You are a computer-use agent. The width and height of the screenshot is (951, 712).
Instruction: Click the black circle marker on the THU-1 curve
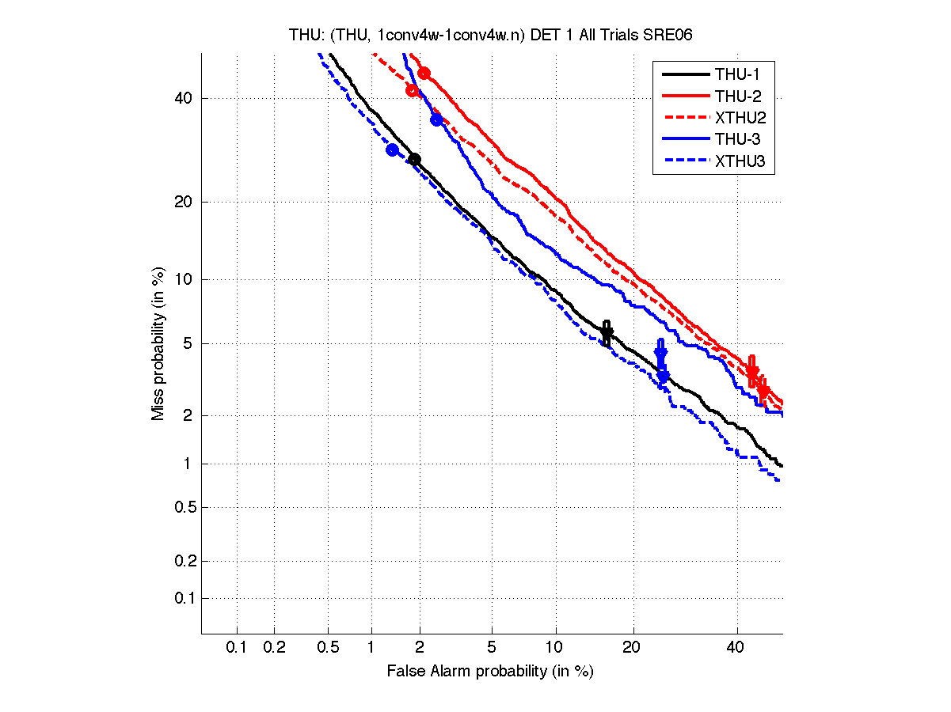point(414,160)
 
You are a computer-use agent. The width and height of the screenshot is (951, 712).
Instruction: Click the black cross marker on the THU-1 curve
point(607,333)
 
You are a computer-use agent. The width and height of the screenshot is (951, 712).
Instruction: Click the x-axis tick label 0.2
point(274,648)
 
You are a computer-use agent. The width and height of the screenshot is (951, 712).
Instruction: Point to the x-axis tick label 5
point(492,648)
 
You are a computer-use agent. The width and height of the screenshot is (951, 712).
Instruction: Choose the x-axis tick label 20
point(631,648)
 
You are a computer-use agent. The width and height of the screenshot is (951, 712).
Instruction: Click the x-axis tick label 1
point(371,648)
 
